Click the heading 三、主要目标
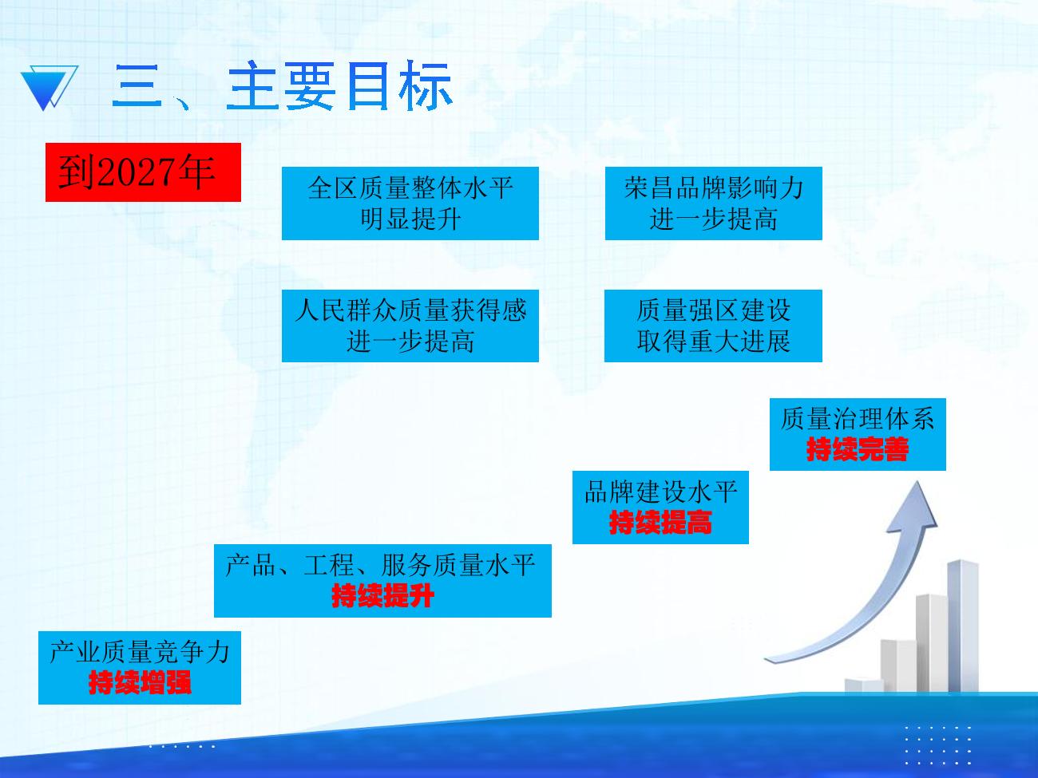[283, 87]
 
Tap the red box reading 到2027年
[143, 172]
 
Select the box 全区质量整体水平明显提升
[410, 203]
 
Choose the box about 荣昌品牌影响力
[714, 203]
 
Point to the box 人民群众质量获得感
[410, 326]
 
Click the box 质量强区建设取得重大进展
[714, 326]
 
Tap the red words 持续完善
[858, 449]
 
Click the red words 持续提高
[660, 523]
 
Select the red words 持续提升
[382, 595]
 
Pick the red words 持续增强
[140, 682]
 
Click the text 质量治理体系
[858, 419]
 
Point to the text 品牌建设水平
[660, 492]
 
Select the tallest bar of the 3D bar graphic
[963, 626]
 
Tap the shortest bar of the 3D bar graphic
[864, 685]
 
